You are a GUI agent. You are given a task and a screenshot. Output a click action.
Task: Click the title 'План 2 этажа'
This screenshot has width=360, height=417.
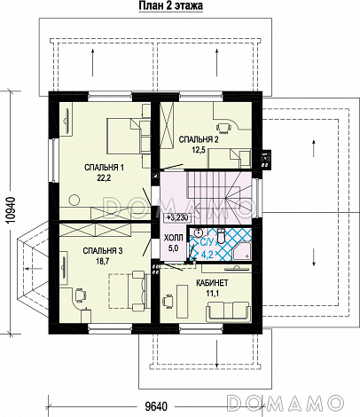(171, 5)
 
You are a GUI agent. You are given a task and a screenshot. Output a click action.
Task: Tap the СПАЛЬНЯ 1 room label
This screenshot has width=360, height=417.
(104, 168)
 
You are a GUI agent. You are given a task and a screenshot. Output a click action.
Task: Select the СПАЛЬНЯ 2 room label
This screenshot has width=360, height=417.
(199, 139)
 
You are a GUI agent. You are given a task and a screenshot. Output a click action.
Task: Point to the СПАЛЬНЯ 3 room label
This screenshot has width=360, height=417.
(103, 251)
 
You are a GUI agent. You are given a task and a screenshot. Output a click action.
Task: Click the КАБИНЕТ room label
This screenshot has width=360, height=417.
(212, 283)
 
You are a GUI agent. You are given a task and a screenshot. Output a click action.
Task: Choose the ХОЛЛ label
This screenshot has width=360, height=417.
(174, 238)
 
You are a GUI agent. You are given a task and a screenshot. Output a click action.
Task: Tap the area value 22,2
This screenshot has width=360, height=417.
(104, 178)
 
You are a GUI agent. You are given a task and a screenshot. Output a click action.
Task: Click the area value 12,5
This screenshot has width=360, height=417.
(199, 150)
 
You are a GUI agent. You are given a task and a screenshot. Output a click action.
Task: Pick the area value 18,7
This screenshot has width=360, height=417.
(103, 262)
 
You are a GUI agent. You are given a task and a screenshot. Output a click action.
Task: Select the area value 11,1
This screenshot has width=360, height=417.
(212, 294)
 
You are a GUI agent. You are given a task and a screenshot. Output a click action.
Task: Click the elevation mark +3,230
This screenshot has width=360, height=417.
(177, 217)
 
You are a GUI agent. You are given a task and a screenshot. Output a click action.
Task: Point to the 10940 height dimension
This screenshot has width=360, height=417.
(11, 213)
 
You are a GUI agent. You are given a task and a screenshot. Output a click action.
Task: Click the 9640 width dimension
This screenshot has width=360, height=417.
(156, 406)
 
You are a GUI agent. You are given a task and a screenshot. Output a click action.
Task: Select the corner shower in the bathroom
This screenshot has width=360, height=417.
(242, 252)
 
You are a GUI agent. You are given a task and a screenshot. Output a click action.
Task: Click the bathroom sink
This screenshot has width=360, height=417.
(199, 232)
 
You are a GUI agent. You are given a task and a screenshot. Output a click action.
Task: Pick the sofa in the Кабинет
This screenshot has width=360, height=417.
(228, 311)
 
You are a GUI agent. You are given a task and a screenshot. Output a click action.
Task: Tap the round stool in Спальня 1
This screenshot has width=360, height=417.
(74, 201)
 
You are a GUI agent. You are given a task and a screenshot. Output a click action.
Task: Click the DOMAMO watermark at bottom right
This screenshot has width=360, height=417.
(286, 403)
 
